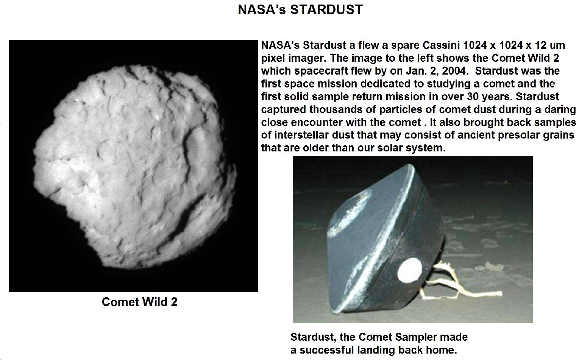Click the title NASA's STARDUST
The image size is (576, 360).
tap(300, 10)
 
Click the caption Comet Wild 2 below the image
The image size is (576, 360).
tap(140, 302)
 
